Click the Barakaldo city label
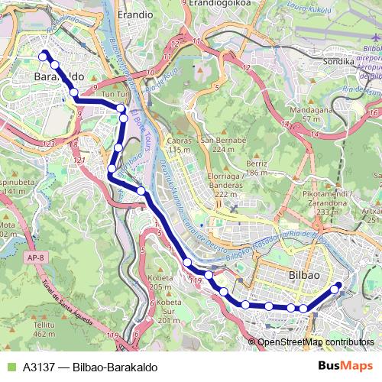(x=58, y=78)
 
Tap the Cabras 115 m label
(x=179, y=146)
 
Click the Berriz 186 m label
(x=257, y=169)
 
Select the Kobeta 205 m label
(x=160, y=282)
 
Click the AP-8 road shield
(x=35, y=258)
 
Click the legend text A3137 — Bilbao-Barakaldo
(x=90, y=367)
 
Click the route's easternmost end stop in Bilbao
(x=338, y=286)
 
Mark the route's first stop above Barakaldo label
(x=44, y=54)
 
